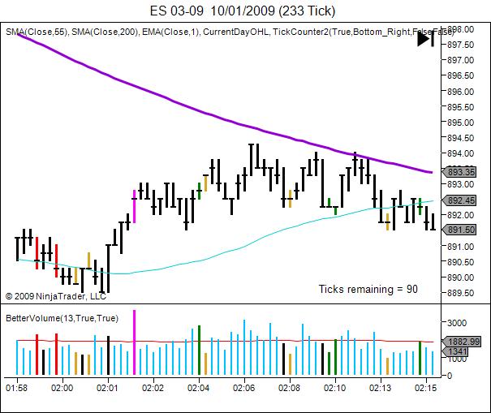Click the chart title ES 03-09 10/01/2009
[243, 11]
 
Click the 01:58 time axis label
[17, 388]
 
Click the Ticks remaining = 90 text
[368, 288]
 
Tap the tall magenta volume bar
[135, 342]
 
